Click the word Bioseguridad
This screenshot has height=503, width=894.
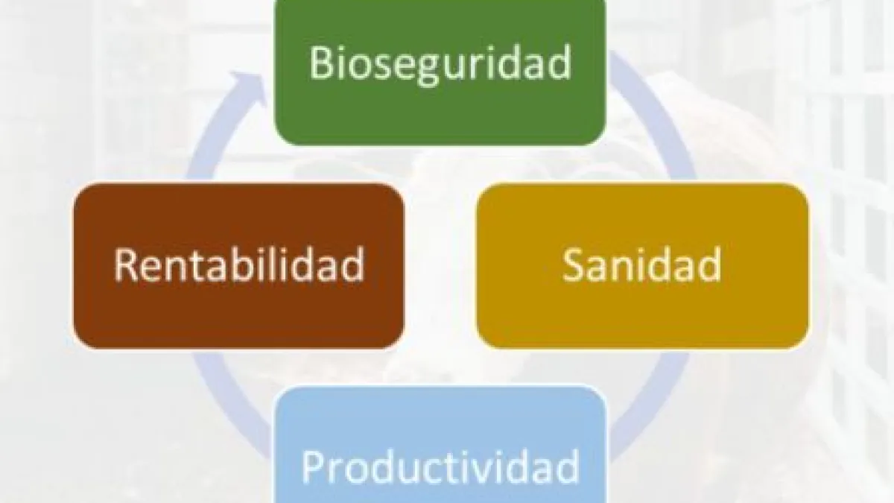coord(440,65)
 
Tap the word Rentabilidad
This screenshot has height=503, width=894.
coord(239,265)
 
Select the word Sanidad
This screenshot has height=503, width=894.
coord(642,265)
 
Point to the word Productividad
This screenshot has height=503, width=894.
coord(440,467)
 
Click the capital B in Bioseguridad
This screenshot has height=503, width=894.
coord(322,63)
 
